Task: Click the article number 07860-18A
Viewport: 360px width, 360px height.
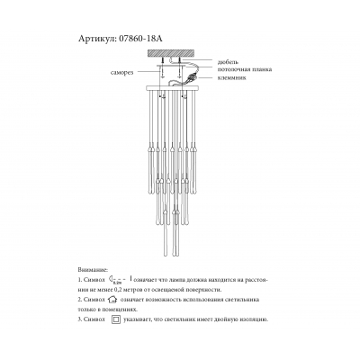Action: tap(142, 40)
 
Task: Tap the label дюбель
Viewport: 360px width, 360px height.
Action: tap(227, 61)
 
